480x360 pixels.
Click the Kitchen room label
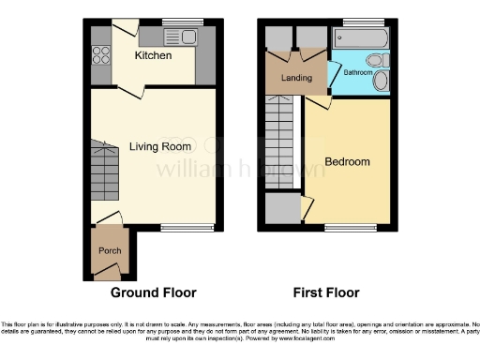pyautogui.click(x=153, y=56)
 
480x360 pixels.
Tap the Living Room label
pyautogui.click(x=160, y=146)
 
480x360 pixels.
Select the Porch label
pyautogui.click(x=111, y=251)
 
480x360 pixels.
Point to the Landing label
pyautogui.click(x=296, y=78)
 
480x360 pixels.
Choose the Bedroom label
pyautogui.click(x=347, y=161)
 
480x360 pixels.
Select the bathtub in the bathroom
pyautogui.click(x=361, y=38)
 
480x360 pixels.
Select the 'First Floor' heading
pyautogui.click(x=326, y=292)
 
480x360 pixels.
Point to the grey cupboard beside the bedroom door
pyautogui.click(x=277, y=208)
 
